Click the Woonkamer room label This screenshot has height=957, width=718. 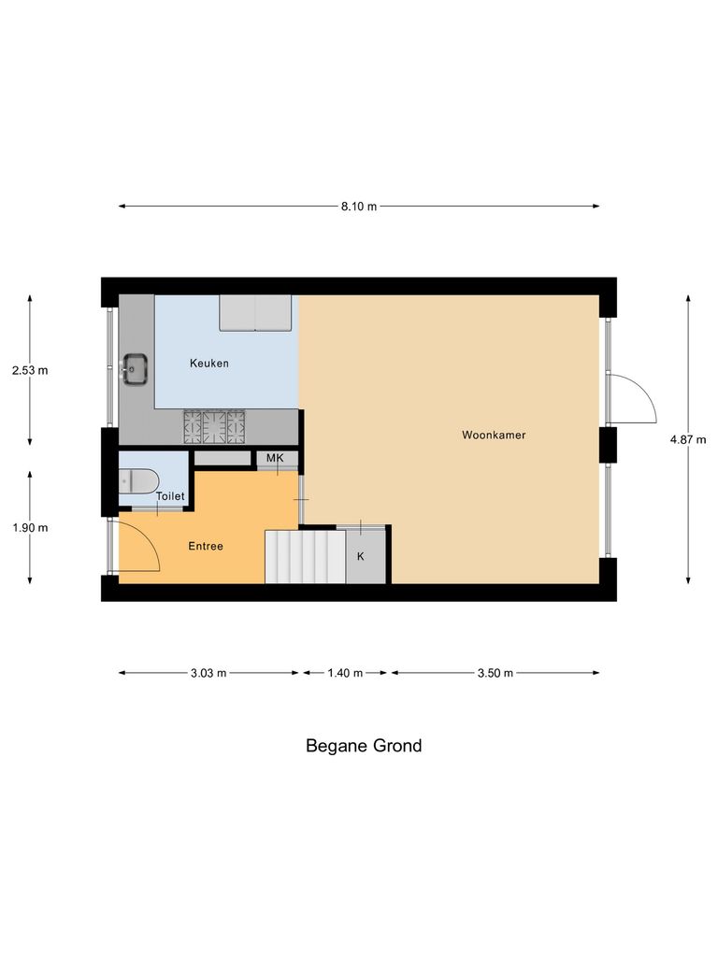pos(487,436)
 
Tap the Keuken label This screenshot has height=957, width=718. pos(209,364)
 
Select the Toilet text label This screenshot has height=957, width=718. pos(171,496)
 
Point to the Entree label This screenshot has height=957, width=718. pos(206,546)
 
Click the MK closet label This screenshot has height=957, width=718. pos(275,458)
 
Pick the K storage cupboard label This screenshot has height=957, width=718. pos(361,556)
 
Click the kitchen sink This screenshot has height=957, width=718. pos(136,369)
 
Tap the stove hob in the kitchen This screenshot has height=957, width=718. pos(214,427)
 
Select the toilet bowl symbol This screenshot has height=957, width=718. pos(138,481)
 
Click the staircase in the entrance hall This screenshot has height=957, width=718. pos(305,557)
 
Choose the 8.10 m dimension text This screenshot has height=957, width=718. pos(359,207)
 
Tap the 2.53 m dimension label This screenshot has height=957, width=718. pos(30,370)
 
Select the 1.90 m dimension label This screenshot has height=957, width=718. pos(30,527)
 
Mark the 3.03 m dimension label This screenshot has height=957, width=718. pos(208,673)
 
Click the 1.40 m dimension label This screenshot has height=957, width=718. pos(345,673)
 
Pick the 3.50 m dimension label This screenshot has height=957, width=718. pos(495,673)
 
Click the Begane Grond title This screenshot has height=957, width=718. pos(364,746)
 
